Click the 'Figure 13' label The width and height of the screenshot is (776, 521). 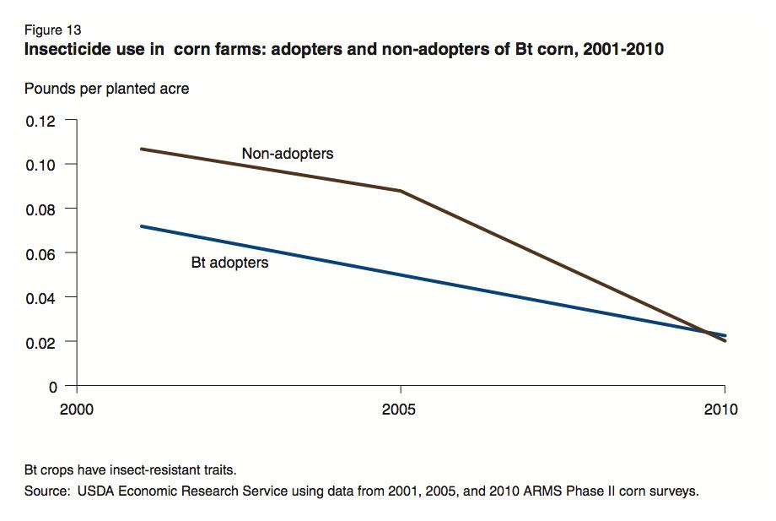[x=53, y=30]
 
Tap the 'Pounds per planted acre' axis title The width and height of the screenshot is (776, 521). [x=106, y=89]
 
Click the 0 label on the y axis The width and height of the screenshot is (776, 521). [x=53, y=387]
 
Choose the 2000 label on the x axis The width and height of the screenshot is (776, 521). [x=77, y=410]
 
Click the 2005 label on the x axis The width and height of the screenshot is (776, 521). [x=401, y=410]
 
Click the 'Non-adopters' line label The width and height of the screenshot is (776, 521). [x=288, y=154]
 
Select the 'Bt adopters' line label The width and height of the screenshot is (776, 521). [x=229, y=263]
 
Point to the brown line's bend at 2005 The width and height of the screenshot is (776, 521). [x=401, y=191]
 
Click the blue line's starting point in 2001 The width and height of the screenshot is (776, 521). [x=141, y=226]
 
